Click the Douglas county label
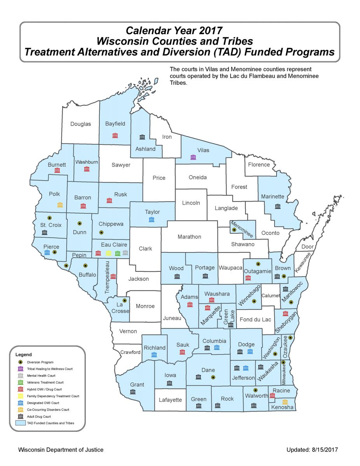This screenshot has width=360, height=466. [80, 124]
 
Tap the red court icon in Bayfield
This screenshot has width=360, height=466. [115, 135]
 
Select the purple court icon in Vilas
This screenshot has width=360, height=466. [193, 157]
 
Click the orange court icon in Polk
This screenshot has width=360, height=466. [60, 205]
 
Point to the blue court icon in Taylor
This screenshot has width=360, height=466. [151, 219]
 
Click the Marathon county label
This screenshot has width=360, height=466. [189, 236]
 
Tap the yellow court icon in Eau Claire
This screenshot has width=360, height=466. [108, 253]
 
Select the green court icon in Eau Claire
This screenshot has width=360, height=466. [117, 253]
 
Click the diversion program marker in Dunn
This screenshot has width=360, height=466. [80, 224]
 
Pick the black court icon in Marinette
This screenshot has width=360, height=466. [277, 206]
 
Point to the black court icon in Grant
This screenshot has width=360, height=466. [133, 392]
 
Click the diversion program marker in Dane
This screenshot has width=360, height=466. [213, 377]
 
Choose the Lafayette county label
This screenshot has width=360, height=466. [170, 400]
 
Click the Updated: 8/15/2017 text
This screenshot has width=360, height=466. [312, 450]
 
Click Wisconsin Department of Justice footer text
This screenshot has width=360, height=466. [61, 450]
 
